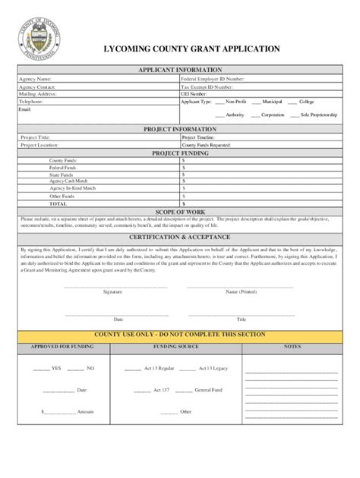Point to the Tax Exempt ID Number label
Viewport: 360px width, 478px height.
[x=208, y=86]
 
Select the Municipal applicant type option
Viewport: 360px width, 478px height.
[x=272, y=101]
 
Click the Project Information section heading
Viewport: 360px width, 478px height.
[x=179, y=130]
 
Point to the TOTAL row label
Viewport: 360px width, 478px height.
[x=58, y=203]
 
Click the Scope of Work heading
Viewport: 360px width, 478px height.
[x=179, y=211]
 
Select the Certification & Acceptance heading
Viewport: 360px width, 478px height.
[x=179, y=237]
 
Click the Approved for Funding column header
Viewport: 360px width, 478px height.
[x=62, y=347]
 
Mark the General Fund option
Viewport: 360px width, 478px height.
[x=208, y=389]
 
